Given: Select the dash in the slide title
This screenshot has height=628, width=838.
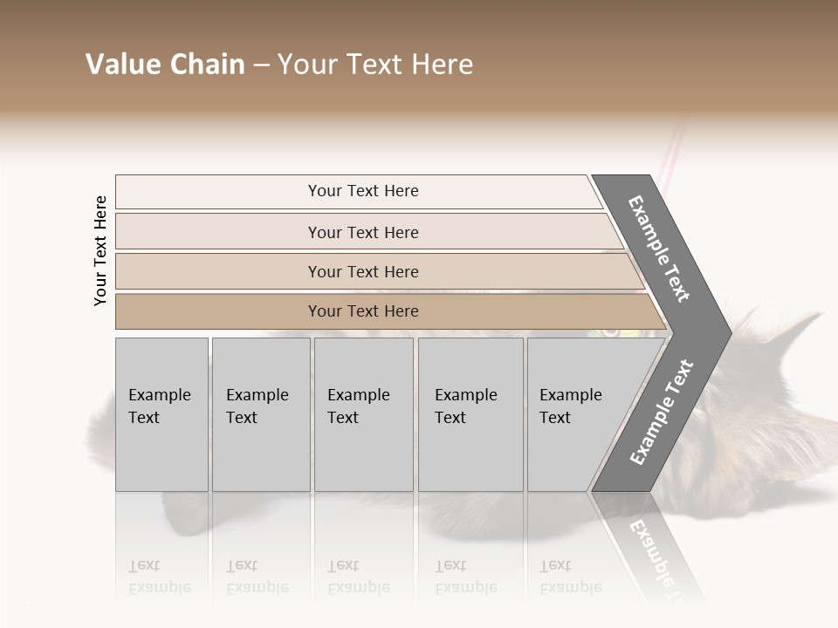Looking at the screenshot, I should tap(261, 65).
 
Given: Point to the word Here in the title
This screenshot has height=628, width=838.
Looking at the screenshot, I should tap(440, 65).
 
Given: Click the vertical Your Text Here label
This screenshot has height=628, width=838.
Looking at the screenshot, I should tap(100, 250).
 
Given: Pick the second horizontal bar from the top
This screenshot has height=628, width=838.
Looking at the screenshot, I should tap(363, 232).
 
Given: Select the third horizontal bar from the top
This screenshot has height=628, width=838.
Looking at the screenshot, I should tap(363, 271).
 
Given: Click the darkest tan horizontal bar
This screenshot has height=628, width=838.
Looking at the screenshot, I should tap(363, 311).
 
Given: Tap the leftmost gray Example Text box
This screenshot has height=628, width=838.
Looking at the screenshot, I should tap(161, 414).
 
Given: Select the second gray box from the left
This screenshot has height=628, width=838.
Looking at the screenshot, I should tap(260, 414).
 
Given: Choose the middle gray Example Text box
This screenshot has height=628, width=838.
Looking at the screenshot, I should tap(363, 414).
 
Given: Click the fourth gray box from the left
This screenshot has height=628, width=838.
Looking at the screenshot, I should tap(470, 414).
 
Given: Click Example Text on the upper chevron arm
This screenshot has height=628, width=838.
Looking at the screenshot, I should tap(660, 249).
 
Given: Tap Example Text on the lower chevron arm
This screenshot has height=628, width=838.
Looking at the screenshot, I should tap(661, 413).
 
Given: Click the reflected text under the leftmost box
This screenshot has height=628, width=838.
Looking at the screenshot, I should tap(159, 577).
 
